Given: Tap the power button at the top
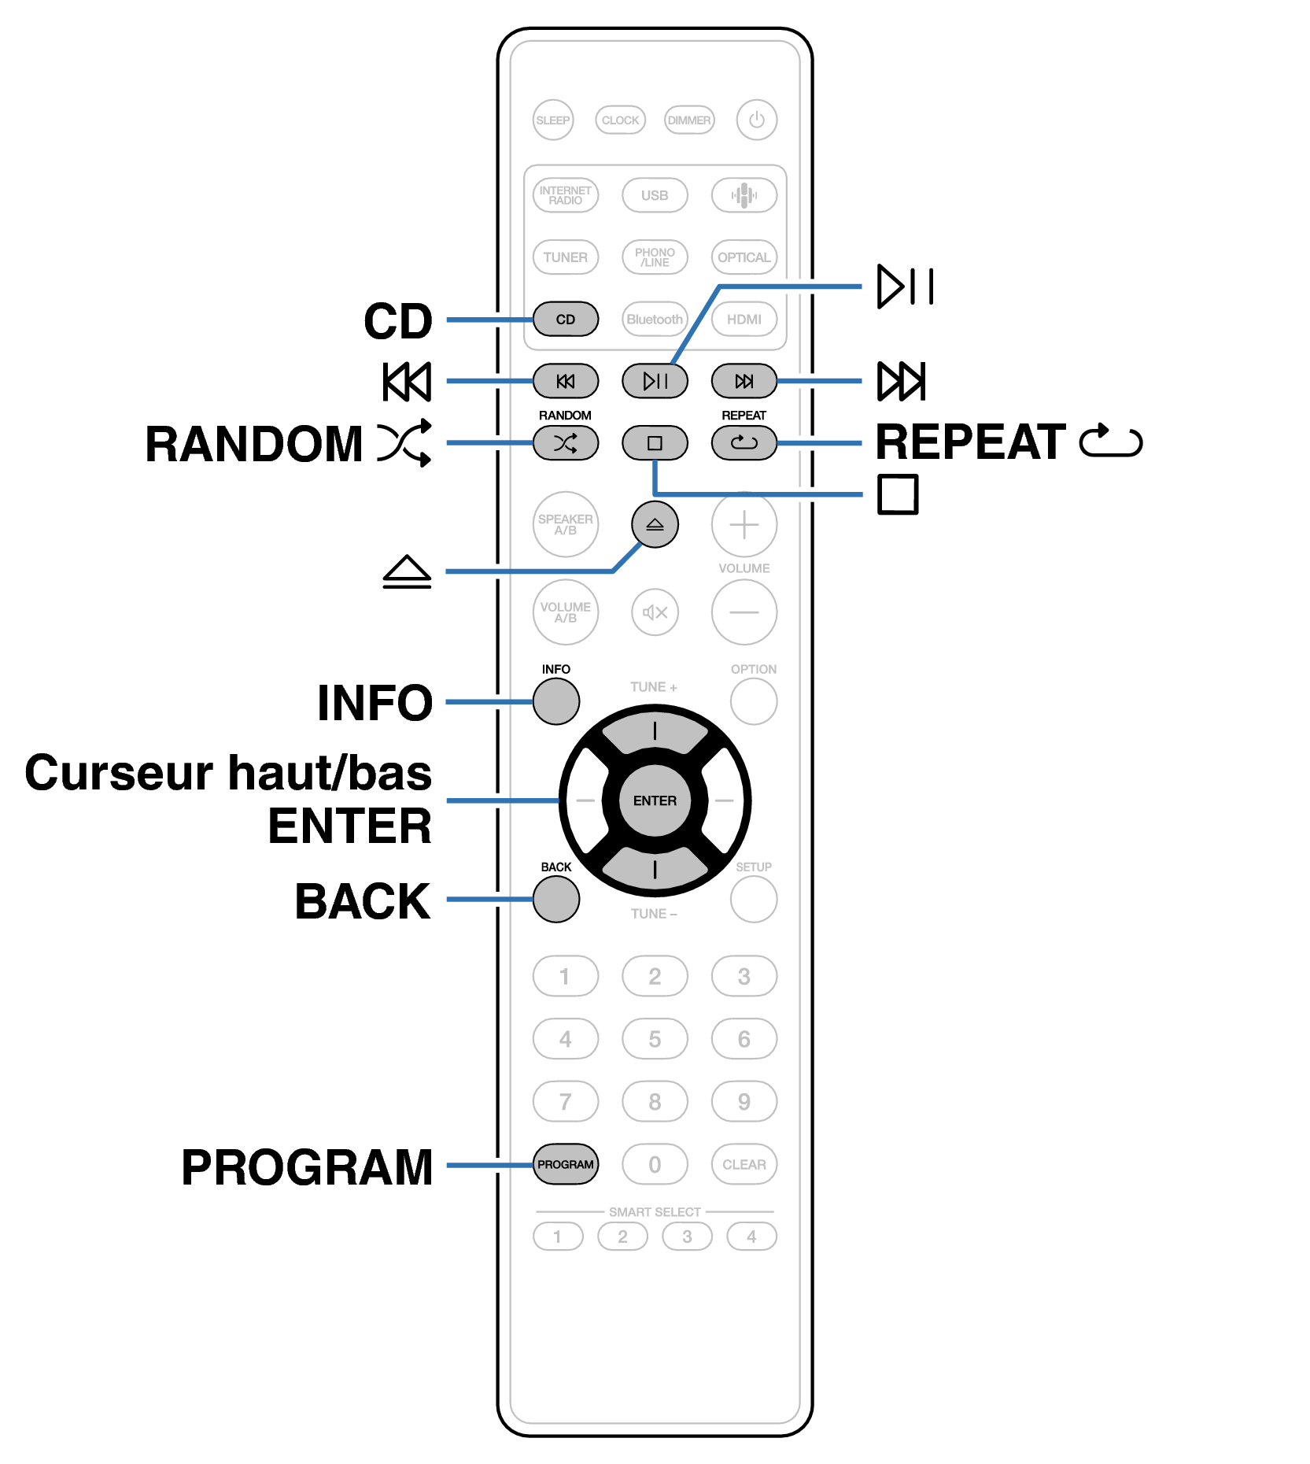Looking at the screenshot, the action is (x=756, y=120).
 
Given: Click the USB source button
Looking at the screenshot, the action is (x=655, y=195).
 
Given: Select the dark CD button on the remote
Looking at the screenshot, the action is (x=566, y=319).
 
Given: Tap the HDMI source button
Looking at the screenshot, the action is (x=744, y=319).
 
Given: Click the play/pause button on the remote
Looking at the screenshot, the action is (x=655, y=381).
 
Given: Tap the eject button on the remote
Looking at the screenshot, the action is (x=655, y=524).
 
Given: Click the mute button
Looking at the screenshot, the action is (x=655, y=612).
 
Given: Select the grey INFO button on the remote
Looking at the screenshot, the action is (x=556, y=701).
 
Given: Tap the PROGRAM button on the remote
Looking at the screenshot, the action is (x=566, y=1164).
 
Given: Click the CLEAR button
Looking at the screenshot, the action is (x=744, y=1164).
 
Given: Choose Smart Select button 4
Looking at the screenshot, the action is (x=751, y=1237).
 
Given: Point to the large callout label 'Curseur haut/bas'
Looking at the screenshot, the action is (x=228, y=773).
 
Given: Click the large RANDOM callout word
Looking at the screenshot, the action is (x=253, y=444).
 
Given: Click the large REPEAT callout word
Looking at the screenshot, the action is (x=971, y=442).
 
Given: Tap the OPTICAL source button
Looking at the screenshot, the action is (x=744, y=257).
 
